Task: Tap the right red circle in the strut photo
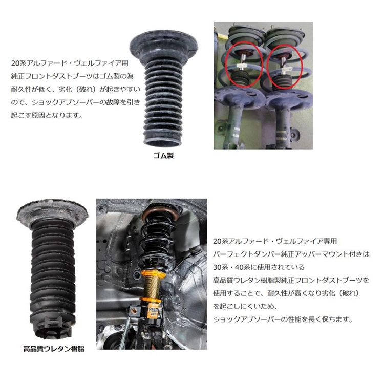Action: [287, 67]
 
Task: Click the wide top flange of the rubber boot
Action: [164, 43]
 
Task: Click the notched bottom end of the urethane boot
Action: [54, 330]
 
